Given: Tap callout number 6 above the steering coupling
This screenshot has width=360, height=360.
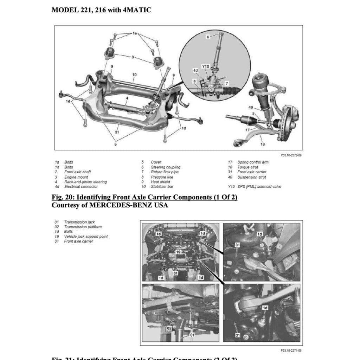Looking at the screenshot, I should pyautogui.click(x=208, y=37).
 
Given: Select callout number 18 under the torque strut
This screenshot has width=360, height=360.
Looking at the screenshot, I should pyautogui.click(x=262, y=144).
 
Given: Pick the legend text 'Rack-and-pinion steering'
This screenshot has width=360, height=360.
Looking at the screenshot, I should pyautogui.click(x=85, y=182).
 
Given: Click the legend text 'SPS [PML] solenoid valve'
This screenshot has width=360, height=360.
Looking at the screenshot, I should pyautogui.click(x=259, y=187).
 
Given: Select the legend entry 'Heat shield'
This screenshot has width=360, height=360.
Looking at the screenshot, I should pyautogui.click(x=160, y=182).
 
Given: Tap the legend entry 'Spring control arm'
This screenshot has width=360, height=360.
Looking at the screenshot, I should pyautogui.click(x=253, y=162).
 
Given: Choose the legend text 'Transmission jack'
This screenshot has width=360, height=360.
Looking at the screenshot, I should pyautogui.click(x=79, y=222).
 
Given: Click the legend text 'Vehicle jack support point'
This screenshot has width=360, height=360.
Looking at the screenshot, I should pyautogui.click(x=86, y=237).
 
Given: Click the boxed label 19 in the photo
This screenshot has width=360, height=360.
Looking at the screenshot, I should pyautogui.click(x=178, y=252).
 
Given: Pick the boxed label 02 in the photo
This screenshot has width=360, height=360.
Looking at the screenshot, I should pyautogui.click(x=169, y=328).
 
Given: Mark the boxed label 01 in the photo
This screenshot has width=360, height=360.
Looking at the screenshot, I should pyautogui.click(x=192, y=335).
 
